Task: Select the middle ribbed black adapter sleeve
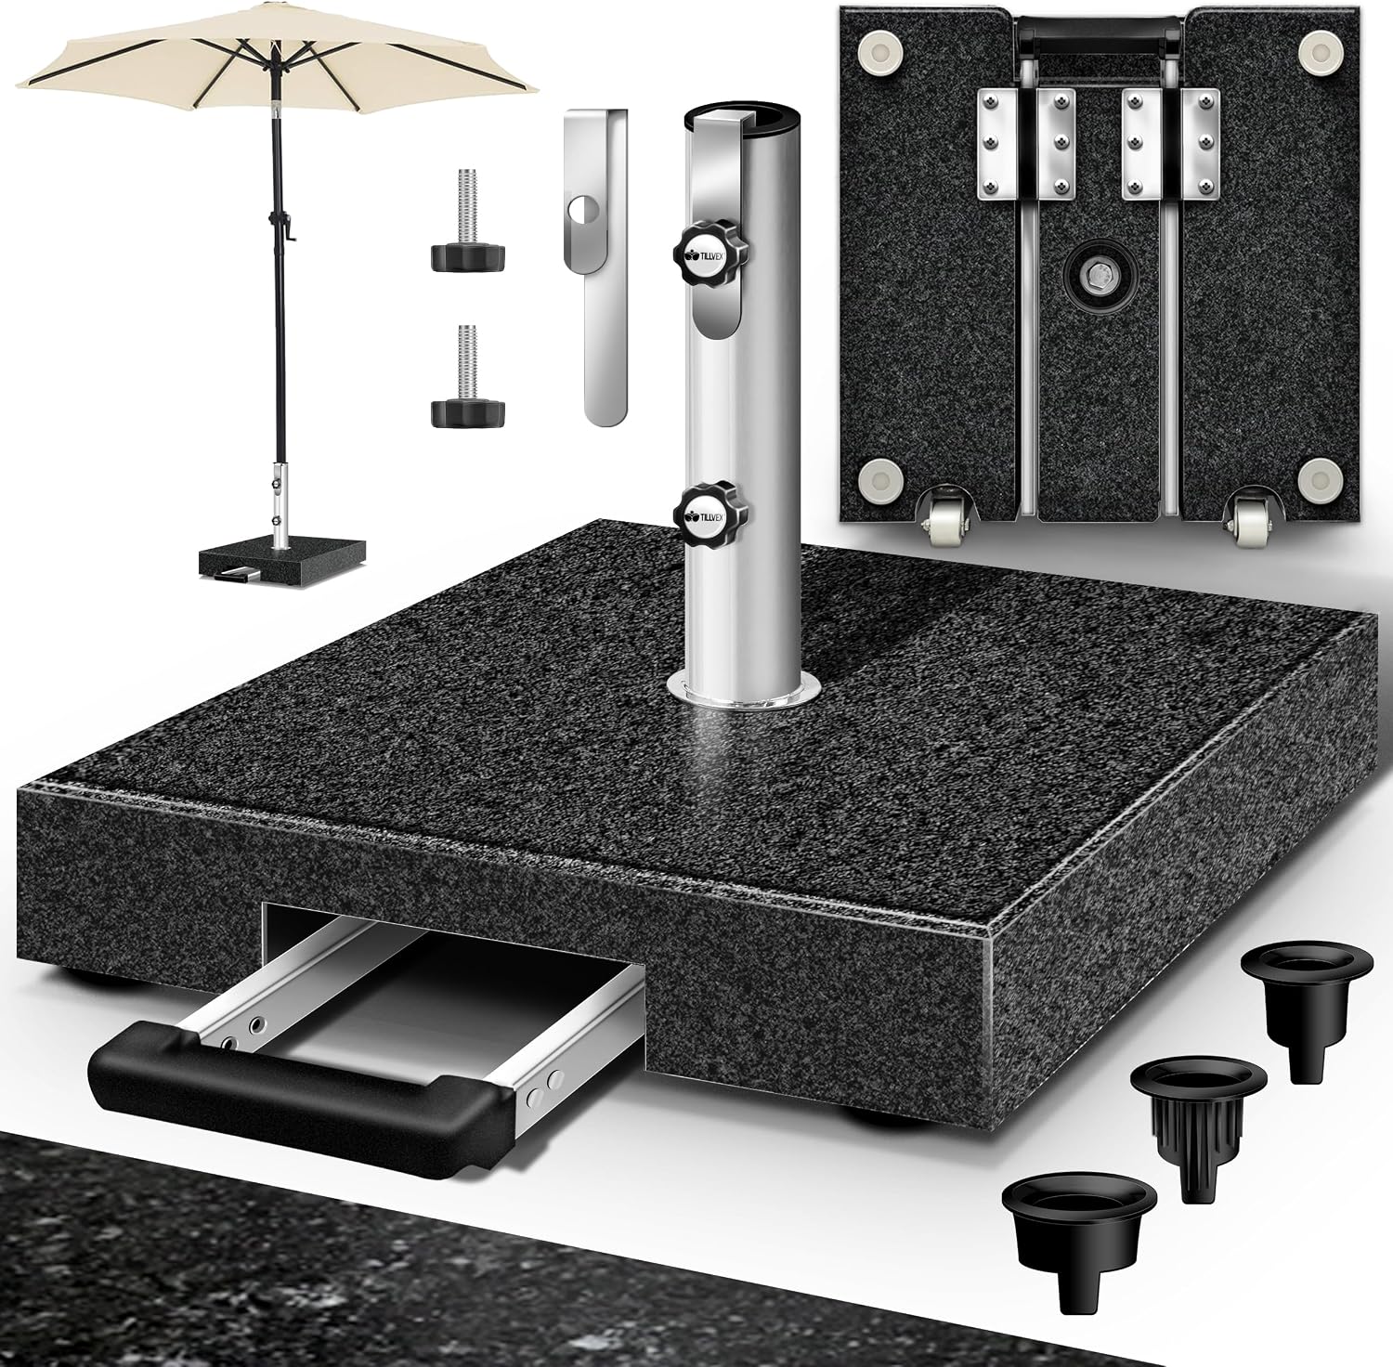point(1199,1114)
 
